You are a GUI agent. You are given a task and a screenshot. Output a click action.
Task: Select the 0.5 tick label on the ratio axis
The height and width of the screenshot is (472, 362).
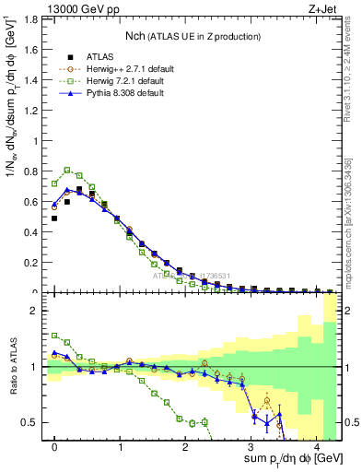pyautogui.click(x=31, y=422)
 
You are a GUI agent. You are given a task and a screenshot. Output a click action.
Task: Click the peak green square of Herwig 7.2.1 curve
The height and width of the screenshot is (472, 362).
pyautogui.click(x=67, y=170)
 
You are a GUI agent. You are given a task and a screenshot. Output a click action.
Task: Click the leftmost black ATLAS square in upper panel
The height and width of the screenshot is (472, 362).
pyautogui.click(x=54, y=218)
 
